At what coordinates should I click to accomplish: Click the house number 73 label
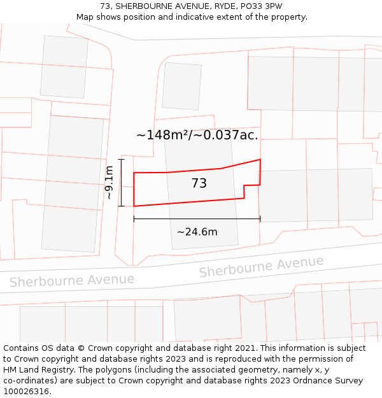[199, 183]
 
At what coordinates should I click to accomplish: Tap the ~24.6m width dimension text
[197, 232]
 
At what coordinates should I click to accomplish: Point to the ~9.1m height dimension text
[110, 183]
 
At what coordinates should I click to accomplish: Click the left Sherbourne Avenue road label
[72, 280]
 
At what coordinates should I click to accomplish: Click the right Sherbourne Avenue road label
[261, 267]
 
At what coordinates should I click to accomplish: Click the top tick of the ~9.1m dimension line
[121, 160]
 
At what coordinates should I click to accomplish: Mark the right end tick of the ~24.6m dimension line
[260, 219]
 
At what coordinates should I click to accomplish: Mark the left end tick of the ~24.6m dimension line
[134, 219]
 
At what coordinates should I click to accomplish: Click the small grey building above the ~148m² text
[181, 86]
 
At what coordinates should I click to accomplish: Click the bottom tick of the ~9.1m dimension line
[121, 206]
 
